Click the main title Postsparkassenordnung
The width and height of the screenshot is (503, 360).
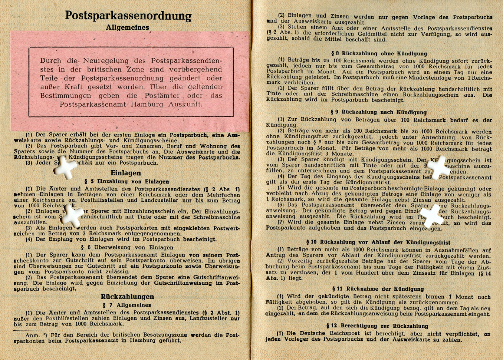point(128,16)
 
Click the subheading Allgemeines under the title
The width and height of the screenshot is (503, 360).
point(127,28)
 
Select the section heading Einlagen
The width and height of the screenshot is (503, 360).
point(126,173)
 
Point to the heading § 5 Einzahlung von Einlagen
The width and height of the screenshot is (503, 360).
point(126,182)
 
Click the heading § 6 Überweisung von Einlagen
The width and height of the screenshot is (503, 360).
point(127,247)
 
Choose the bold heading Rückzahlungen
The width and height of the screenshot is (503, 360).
point(127,297)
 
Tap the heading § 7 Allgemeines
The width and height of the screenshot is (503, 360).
point(127,305)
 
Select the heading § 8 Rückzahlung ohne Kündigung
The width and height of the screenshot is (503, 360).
point(379,53)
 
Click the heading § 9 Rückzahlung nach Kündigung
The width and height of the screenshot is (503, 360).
point(378,112)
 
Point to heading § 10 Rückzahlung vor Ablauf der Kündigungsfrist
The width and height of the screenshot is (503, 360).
point(378,242)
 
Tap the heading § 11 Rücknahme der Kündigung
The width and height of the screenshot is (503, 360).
point(378,289)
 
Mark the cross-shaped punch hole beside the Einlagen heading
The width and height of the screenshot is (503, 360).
point(65,168)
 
